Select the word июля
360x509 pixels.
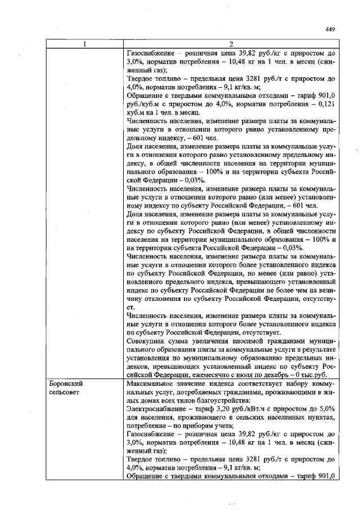click(267, 373)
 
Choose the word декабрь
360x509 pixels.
click(292, 373)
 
